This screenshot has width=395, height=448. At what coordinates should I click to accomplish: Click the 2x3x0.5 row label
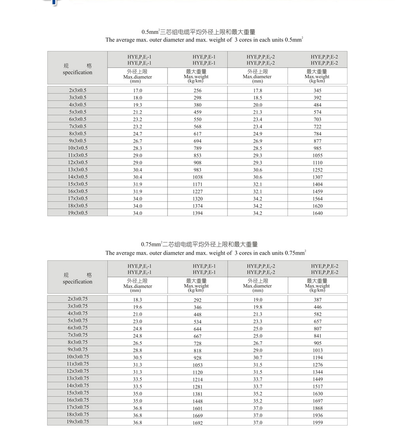tap(77, 90)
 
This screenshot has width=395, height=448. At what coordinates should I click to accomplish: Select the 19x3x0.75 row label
tap(77, 422)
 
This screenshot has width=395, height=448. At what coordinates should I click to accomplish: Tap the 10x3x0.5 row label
tap(77, 148)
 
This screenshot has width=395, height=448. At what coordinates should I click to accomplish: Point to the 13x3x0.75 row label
tap(77, 378)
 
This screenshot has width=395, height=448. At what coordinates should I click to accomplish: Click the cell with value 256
tap(197, 90)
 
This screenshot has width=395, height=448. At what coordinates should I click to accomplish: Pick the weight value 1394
tap(197, 213)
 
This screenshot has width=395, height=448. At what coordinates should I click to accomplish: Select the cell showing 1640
tap(317, 213)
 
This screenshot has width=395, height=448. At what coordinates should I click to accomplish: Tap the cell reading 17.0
tap(137, 90)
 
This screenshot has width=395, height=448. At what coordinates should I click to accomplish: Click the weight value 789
tap(197, 148)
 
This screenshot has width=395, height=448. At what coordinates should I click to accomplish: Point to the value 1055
tap(317, 155)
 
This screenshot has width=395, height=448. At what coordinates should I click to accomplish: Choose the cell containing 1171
tap(197, 184)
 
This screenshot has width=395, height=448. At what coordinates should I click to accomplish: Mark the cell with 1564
tap(317, 199)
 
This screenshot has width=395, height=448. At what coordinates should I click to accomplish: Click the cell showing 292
tap(197, 300)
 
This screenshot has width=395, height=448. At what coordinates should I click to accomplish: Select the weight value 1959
tap(317, 422)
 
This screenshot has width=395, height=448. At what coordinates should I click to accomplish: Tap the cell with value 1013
tap(317, 350)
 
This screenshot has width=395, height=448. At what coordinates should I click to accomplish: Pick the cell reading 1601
tap(197, 408)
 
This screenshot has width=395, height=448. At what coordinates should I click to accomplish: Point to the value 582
tap(317, 314)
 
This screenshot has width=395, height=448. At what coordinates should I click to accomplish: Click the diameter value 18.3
tap(137, 300)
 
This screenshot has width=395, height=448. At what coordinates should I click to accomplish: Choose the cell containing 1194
tap(317, 358)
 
